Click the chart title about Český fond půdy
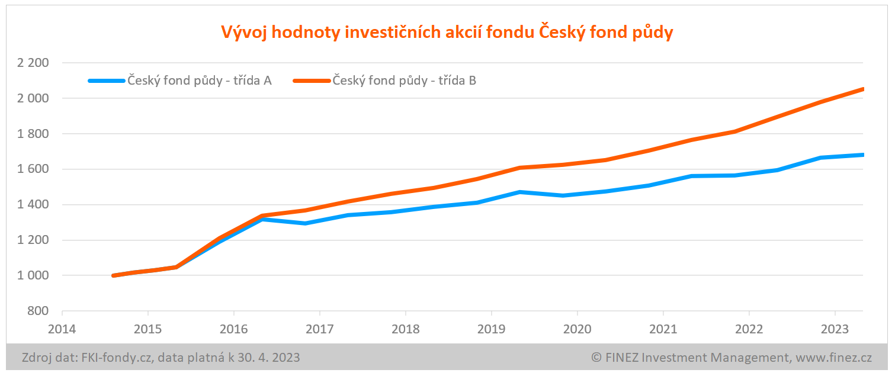[x=447, y=33]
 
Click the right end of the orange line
[x=862, y=89]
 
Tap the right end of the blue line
[x=862, y=155]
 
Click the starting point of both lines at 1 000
[x=113, y=276]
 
